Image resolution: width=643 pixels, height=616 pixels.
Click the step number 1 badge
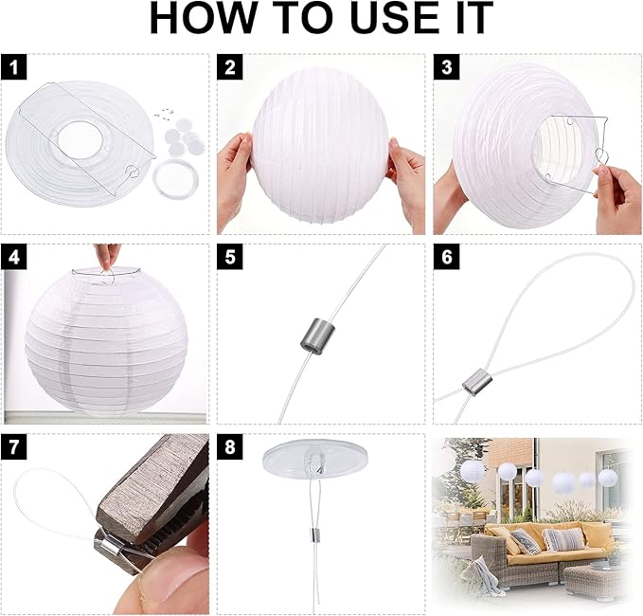coord(13,67)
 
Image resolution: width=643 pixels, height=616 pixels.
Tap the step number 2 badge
coord(230,67)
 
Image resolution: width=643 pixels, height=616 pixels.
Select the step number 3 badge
coord(447,67)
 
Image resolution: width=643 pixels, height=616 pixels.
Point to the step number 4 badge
coord(13,257)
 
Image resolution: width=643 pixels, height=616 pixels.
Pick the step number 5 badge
coord(230,257)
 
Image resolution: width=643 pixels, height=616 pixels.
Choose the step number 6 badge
coord(447,257)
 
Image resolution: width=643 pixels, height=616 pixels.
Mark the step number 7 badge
coord(13,446)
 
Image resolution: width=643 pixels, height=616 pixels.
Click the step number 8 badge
coord(230,446)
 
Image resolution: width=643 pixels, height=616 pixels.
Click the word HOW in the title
coord(204,18)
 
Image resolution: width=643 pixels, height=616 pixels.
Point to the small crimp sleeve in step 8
coord(313,534)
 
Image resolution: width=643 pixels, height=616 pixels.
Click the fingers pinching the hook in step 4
coord(107,257)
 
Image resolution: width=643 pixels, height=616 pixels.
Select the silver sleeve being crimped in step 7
coord(110,549)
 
